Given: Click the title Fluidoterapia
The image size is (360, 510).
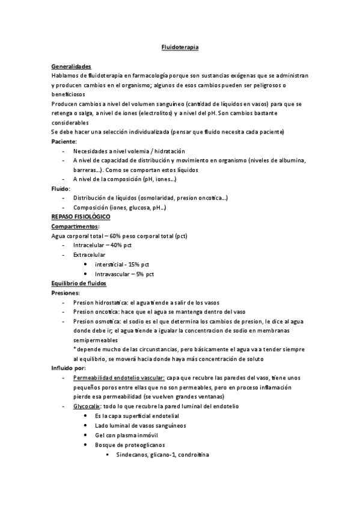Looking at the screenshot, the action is click(x=180, y=46).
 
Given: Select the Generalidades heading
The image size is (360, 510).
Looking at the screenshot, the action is click(x=72, y=66).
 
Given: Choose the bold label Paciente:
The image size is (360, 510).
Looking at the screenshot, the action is click(x=64, y=141).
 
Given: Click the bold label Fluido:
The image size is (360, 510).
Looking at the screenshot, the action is click(x=62, y=188).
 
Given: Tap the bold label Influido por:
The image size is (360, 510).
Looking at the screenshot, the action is click(x=69, y=368).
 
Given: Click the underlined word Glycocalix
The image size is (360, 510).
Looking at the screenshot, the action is click(x=88, y=407).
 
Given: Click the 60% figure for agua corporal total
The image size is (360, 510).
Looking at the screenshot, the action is click(x=117, y=236).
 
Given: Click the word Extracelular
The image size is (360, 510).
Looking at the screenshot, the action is click(x=89, y=255).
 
